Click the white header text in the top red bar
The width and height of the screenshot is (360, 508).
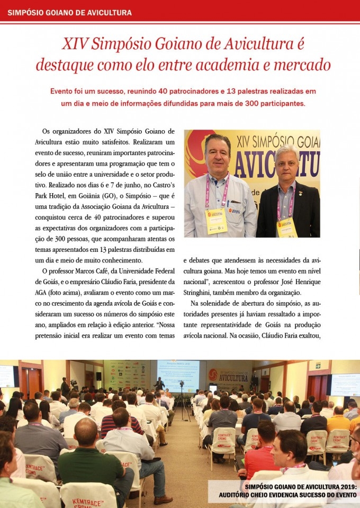70,12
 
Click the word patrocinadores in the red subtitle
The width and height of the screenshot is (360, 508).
192,91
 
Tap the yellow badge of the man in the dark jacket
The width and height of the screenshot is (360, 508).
286,227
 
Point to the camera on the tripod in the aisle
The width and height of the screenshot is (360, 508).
182,384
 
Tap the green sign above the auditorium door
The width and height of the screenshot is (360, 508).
318,365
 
